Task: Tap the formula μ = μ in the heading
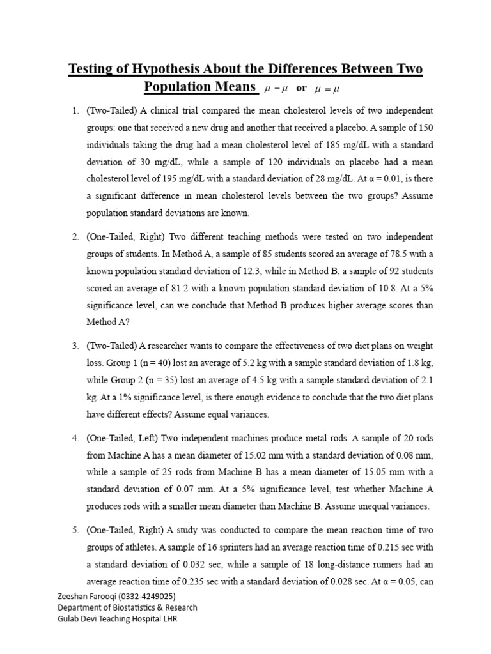(x=331, y=88)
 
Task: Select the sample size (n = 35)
(x=160, y=380)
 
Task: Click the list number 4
(x=74, y=439)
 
